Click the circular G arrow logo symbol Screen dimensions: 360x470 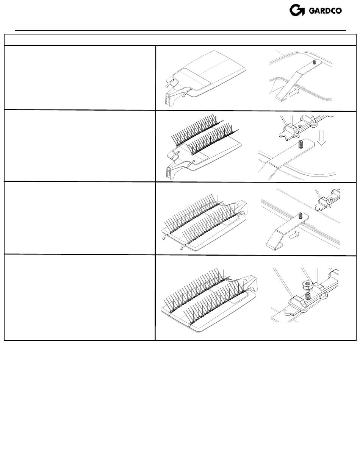click(297, 10)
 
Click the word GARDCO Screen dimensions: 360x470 click(325, 11)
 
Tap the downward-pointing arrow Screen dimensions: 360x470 click(321, 138)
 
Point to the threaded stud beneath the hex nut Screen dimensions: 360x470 click(308, 296)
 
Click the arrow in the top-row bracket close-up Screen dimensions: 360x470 click(294, 92)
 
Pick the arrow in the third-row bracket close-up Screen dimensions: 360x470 click(294, 235)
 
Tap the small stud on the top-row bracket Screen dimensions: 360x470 click(315, 62)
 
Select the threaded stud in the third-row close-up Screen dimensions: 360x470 click(301, 215)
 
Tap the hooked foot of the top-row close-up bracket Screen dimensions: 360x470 click(281, 98)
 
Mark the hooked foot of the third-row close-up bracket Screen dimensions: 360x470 click(274, 247)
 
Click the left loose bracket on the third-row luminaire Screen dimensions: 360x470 click(166, 237)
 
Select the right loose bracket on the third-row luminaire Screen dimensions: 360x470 click(184, 246)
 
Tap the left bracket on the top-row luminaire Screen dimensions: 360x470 click(170, 83)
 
